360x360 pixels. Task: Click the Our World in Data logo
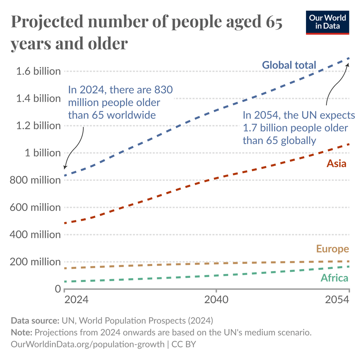(327, 22)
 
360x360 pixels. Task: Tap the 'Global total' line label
(289, 65)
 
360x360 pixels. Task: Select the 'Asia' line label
(336, 163)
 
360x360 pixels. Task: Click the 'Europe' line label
(332, 249)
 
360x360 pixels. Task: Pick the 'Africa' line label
(334, 278)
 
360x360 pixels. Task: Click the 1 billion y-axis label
(42, 153)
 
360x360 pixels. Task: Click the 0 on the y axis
(57, 289)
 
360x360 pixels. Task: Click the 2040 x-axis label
(216, 300)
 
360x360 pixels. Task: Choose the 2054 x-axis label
(337, 300)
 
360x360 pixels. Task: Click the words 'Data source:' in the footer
(35, 320)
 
